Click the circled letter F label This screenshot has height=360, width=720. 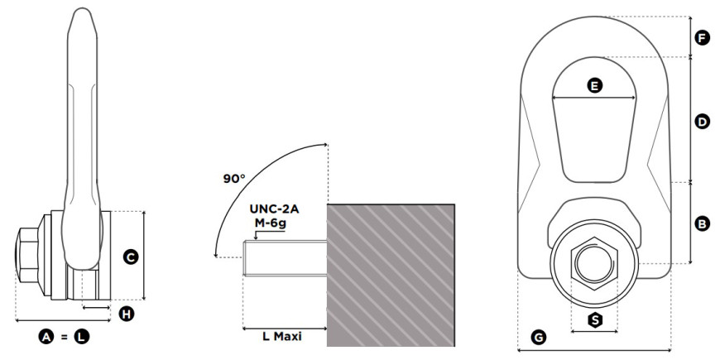tap(702, 38)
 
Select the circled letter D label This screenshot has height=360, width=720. tap(702, 122)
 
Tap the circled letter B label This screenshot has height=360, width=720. tap(702, 224)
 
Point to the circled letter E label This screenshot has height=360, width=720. tap(595, 85)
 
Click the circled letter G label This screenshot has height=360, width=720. tap(538, 338)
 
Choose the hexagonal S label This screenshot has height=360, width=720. tap(596, 320)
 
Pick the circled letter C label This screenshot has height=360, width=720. tap(131, 257)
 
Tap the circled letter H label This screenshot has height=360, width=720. tap(127, 314)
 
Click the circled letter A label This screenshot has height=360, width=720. tap(46, 337)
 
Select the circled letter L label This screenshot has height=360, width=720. tap(82, 337)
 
